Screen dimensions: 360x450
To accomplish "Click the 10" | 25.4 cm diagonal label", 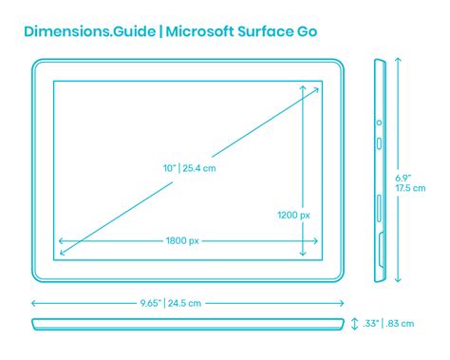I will click(190, 168).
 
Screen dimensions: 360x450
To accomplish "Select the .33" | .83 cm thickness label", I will click(389, 324).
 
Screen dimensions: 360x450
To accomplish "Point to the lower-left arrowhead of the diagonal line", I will click(62, 252).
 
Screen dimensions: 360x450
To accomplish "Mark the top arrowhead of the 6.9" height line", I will click(398, 59).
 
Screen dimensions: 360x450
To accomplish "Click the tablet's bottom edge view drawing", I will click(187, 324).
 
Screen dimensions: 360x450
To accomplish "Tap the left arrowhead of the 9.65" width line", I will click(34, 303).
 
